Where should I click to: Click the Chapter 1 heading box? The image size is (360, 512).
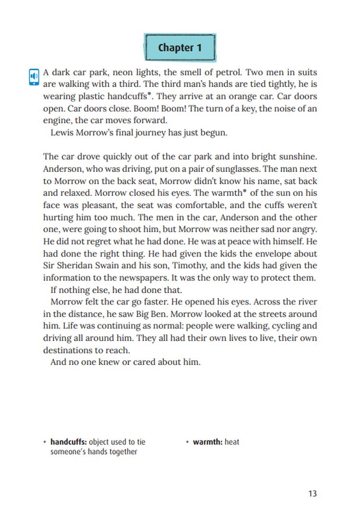click(180, 48)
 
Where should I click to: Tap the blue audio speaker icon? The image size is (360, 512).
click(34, 77)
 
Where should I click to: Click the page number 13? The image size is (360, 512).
click(312, 493)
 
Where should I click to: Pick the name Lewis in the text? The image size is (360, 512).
click(61, 132)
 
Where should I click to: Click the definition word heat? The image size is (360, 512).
click(232, 442)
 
